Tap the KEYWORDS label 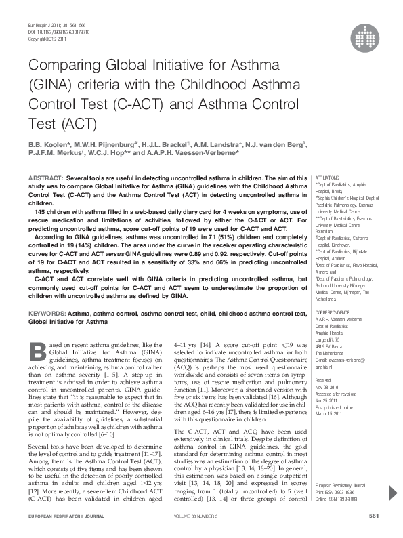coord(46,314)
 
